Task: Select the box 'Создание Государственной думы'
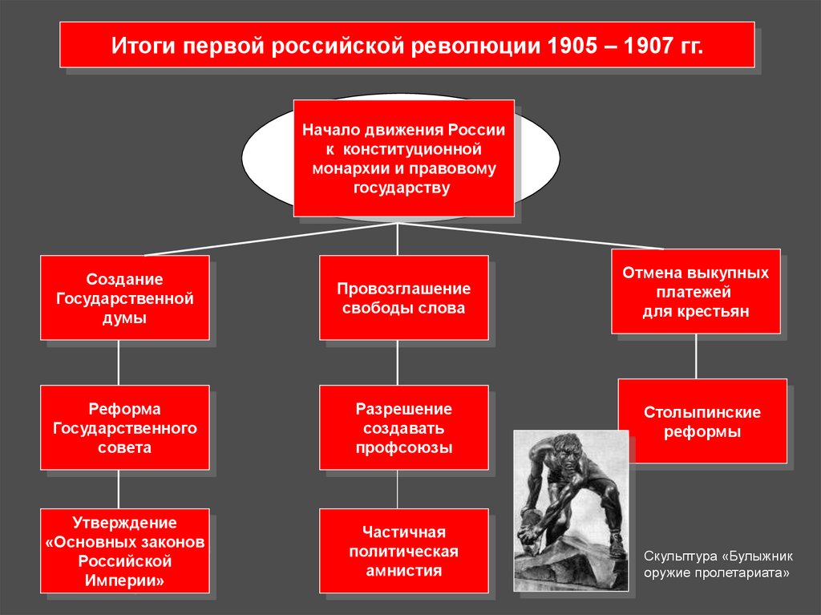pyautogui.click(x=124, y=298)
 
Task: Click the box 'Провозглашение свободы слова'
pyautogui.click(x=403, y=298)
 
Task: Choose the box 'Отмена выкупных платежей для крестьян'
pyautogui.click(x=695, y=292)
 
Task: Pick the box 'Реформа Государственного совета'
pyautogui.click(x=124, y=427)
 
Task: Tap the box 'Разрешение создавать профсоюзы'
pyautogui.click(x=403, y=427)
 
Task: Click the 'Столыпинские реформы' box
pyautogui.click(x=702, y=422)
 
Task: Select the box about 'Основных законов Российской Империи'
pyautogui.click(x=124, y=551)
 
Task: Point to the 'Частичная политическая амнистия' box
pyautogui.click(x=403, y=551)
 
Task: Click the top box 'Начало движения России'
pyautogui.click(x=403, y=158)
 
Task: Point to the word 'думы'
pyautogui.click(x=124, y=318)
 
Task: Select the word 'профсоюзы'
pyautogui.click(x=403, y=447)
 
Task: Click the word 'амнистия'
pyautogui.click(x=403, y=571)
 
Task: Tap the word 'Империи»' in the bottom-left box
pyautogui.click(x=124, y=579)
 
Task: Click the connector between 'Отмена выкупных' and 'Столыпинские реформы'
pyautogui.click(x=695, y=356)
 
